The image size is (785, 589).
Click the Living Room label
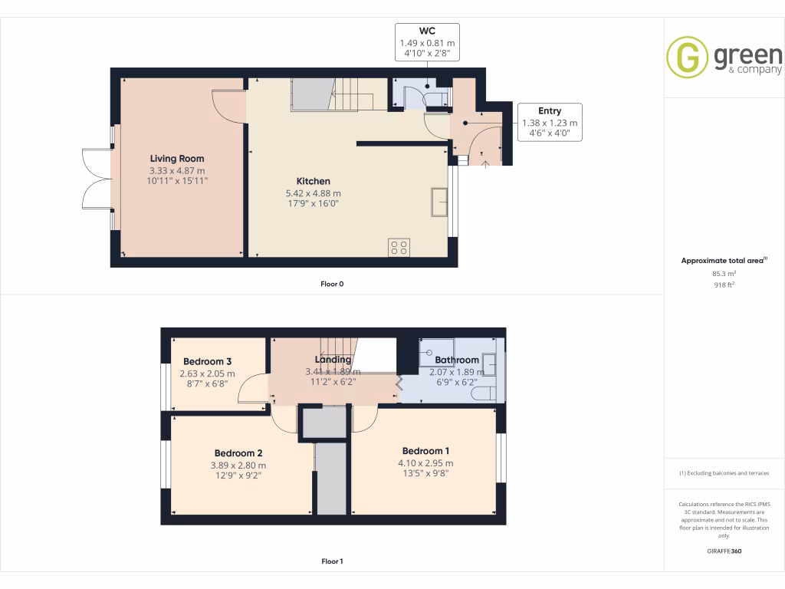(177, 159)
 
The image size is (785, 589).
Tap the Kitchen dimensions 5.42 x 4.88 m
(313, 193)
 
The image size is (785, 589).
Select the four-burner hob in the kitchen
(399, 247)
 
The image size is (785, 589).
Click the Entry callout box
(550, 122)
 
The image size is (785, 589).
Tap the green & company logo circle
(687, 57)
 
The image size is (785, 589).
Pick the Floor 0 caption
(332, 284)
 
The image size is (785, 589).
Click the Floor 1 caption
(332, 561)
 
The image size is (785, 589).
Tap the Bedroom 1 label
(425, 451)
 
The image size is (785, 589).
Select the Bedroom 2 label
(239, 452)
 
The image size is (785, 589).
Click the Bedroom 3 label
(207, 361)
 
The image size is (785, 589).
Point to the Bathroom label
(457, 360)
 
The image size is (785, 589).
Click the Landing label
(333, 359)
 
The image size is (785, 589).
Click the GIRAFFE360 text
(724, 551)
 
